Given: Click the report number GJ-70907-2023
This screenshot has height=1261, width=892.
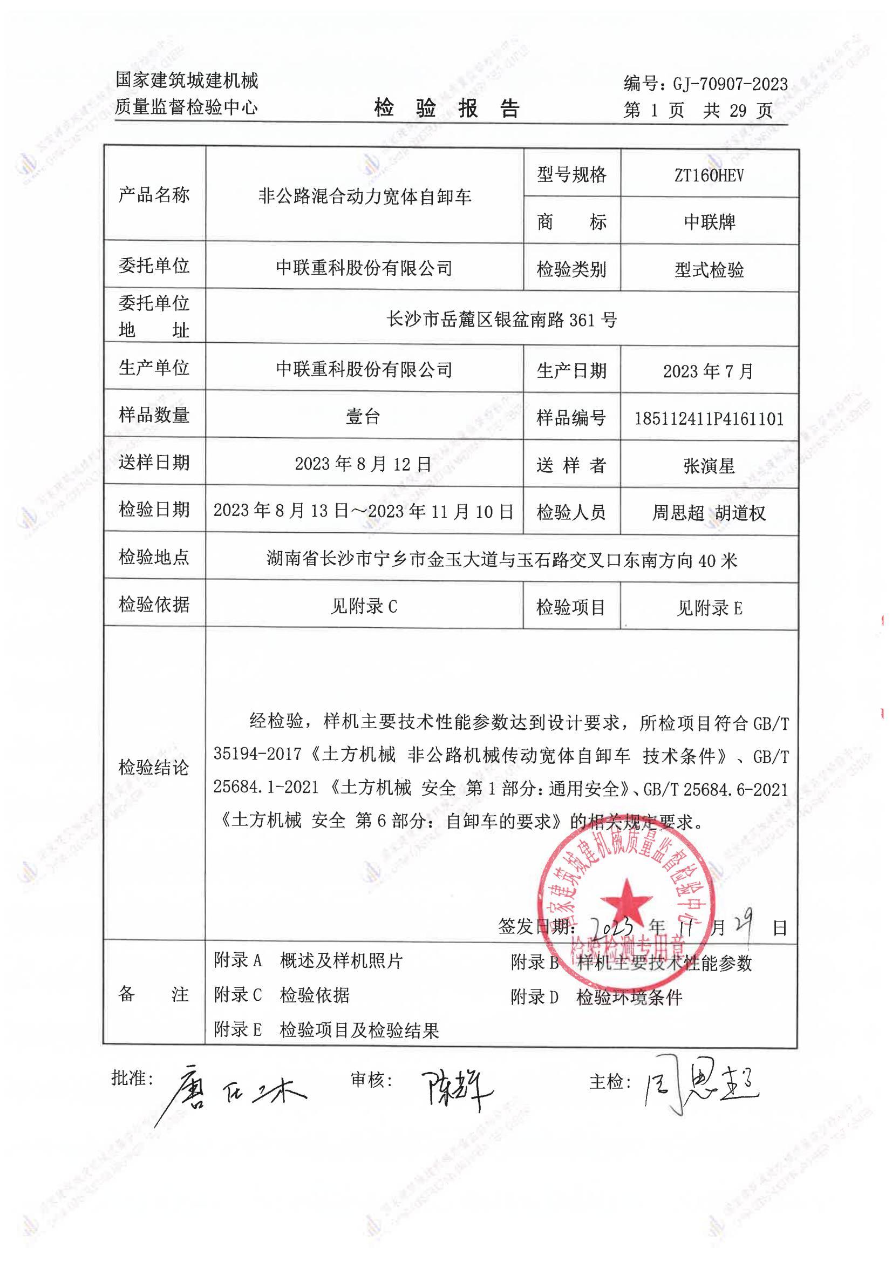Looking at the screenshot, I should [730, 84].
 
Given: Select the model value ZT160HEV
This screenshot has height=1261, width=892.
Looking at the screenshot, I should [709, 176].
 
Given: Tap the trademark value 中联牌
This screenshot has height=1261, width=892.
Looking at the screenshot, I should [709, 222].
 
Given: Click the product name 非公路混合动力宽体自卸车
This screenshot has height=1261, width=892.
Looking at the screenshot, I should [365, 196].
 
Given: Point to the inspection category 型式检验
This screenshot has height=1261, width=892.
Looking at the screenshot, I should [709, 270].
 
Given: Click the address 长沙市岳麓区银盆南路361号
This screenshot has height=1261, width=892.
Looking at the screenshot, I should [501, 319].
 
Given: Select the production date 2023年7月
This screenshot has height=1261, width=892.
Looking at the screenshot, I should [708, 371].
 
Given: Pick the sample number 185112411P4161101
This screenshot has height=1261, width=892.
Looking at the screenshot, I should [709, 419].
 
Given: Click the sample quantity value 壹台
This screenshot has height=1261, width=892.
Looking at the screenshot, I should [363, 417].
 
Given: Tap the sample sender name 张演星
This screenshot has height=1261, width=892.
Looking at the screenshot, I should [709, 466].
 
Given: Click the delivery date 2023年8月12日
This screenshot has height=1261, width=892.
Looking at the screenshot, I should [363, 464].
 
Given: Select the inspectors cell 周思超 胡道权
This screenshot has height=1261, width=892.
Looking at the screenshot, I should [709, 513].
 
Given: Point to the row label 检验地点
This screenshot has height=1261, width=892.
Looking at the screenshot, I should [154, 557].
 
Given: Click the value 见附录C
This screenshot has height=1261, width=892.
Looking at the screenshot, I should [363, 607].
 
